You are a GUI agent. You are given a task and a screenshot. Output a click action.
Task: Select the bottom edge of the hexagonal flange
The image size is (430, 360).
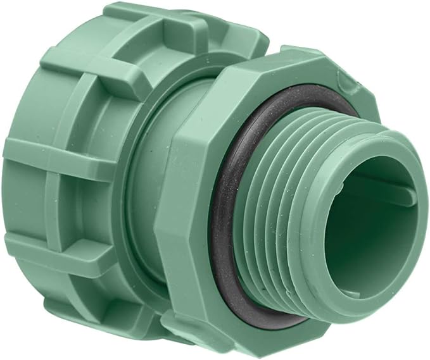tap(253, 345)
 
